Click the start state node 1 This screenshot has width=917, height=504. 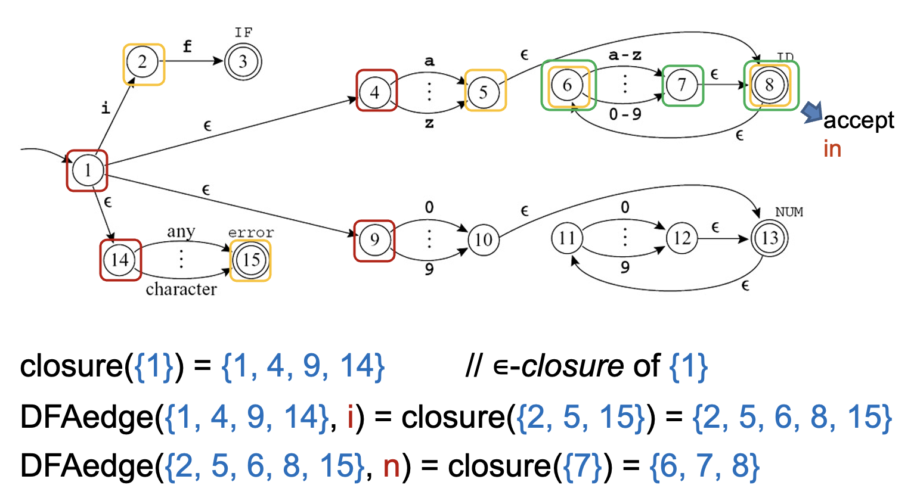coord(87,170)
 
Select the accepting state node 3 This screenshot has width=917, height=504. coord(243,61)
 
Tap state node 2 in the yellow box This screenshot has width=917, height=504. coord(142,62)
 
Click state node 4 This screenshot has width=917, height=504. coord(375,92)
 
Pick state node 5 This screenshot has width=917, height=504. coord(484,92)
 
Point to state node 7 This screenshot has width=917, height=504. coord(682,85)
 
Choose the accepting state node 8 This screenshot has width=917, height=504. coord(769,85)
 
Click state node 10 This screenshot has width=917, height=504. coord(484,239)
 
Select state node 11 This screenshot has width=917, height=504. coord(566,238)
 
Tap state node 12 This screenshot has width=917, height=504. coord(682,238)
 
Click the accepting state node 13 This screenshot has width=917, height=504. coord(770,238)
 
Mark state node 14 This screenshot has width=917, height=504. coord(120,260)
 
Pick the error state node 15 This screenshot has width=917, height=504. coord(250,260)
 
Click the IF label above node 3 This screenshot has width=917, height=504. coord(243,32)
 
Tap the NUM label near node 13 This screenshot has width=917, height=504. coord(789,212)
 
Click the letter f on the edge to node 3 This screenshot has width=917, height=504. coord(188,46)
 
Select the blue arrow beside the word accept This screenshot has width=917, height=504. coord(810,111)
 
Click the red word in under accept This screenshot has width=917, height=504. coord(832,149)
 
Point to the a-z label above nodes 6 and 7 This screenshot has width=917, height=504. coord(625,55)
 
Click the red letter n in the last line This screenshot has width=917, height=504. coord(391,466)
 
